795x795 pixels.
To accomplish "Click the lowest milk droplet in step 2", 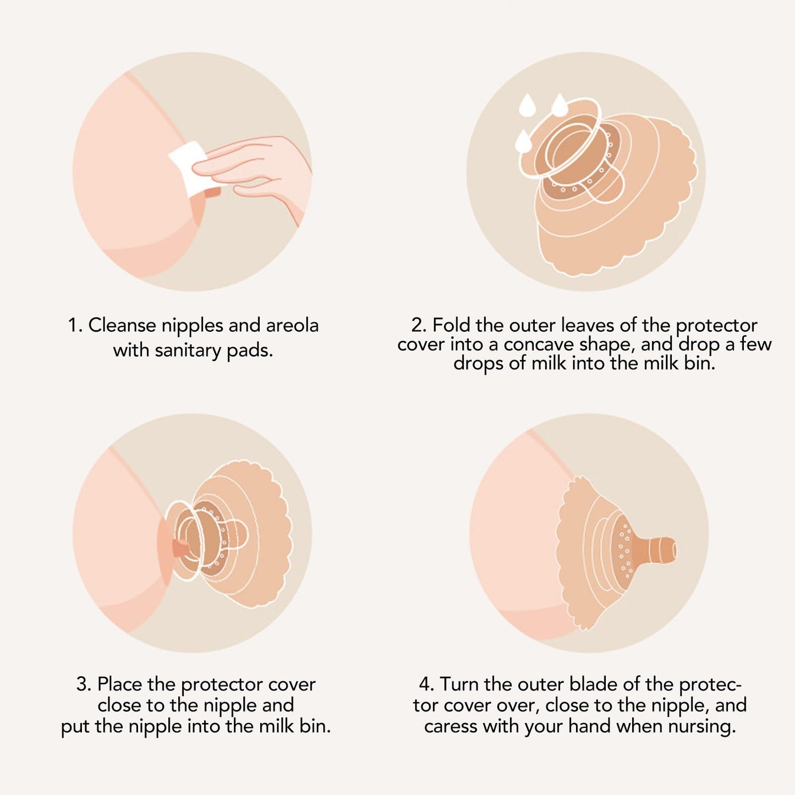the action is pos(523,141).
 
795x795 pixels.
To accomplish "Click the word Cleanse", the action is pos(122,326).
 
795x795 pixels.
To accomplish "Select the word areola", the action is pos(293,326).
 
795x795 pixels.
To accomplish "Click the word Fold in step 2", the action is pos(451,326).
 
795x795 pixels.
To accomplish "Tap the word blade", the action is pos(594,684).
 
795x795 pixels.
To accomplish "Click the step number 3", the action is pos(83,684).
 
